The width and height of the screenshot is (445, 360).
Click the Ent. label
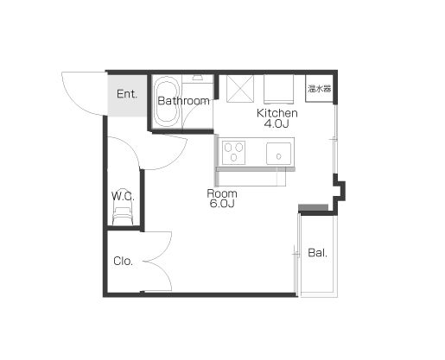(127, 94)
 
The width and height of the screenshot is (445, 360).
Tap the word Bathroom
(183, 101)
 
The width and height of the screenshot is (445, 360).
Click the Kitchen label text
(277, 113)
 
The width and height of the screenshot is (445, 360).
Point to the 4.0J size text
(277, 123)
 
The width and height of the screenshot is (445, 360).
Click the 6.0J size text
(222, 204)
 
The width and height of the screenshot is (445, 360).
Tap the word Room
(222, 193)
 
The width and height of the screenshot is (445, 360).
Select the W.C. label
(123, 196)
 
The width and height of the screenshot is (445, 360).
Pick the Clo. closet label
(123, 261)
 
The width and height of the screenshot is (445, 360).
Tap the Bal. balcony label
(317, 253)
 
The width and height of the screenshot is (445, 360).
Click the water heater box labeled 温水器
(320, 88)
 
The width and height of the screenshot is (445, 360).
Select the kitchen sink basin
(278, 154)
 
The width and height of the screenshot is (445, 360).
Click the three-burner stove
(233, 153)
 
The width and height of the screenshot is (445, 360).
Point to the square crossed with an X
(240, 89)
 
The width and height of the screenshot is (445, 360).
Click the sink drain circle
(278, 156)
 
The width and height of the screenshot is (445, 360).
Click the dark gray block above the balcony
(313, 207)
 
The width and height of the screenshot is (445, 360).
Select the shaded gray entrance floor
(127, 96)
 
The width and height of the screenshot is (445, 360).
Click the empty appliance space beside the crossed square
(278, 89)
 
